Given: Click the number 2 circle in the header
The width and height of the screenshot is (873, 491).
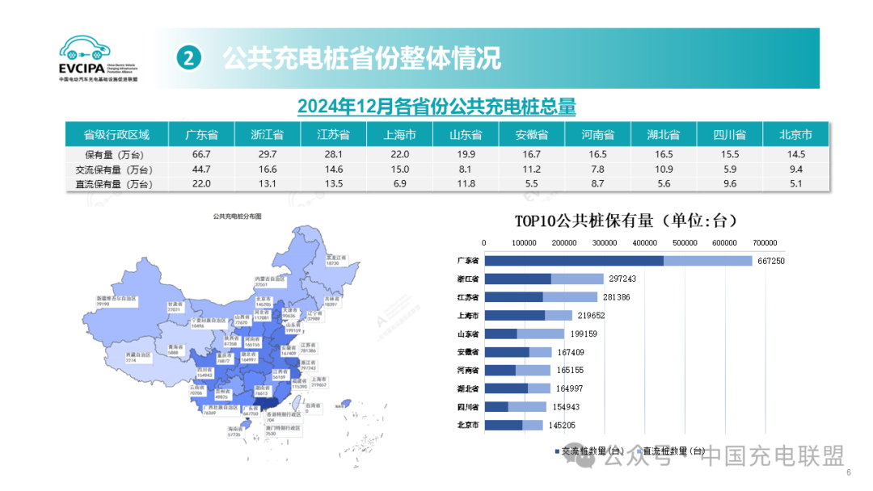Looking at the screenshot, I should tap(188, 58).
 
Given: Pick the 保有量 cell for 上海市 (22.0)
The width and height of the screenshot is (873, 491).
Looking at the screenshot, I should tap(399, 153).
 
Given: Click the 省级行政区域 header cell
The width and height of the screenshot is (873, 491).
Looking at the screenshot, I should tap(116, 134).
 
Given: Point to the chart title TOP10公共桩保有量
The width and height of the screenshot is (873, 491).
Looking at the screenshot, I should tap(626, 220).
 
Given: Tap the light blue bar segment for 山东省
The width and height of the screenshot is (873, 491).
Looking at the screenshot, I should tap(541, 334).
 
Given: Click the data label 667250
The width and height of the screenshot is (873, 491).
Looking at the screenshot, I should tap(770, 261).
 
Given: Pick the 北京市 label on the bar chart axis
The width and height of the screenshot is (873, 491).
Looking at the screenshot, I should tap(469, 425).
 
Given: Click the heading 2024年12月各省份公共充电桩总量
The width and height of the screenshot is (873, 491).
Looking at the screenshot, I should tap(436, 106).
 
